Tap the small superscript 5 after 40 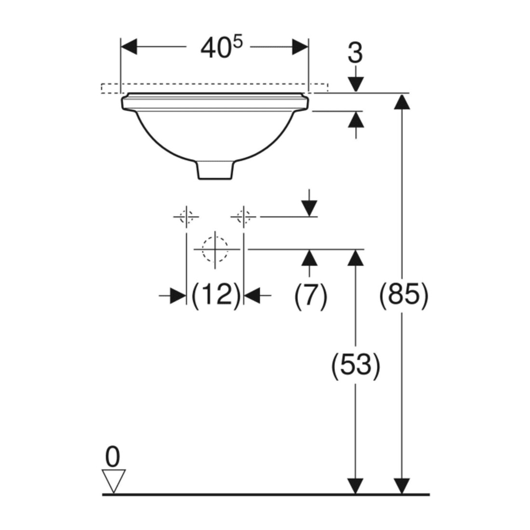click(238, 42)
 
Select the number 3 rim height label click(355, 53)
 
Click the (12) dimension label click(215, 295)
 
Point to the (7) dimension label click(311, 295)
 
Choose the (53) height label click(355, 365)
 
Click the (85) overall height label click(403, 295)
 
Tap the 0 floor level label click(113, 457)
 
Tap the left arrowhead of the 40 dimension click(129, 47)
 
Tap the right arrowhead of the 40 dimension click(300, 47)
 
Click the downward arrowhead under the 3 click(356, 84)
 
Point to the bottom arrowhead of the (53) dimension click(355, 487)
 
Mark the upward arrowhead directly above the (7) click(309, 258)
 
